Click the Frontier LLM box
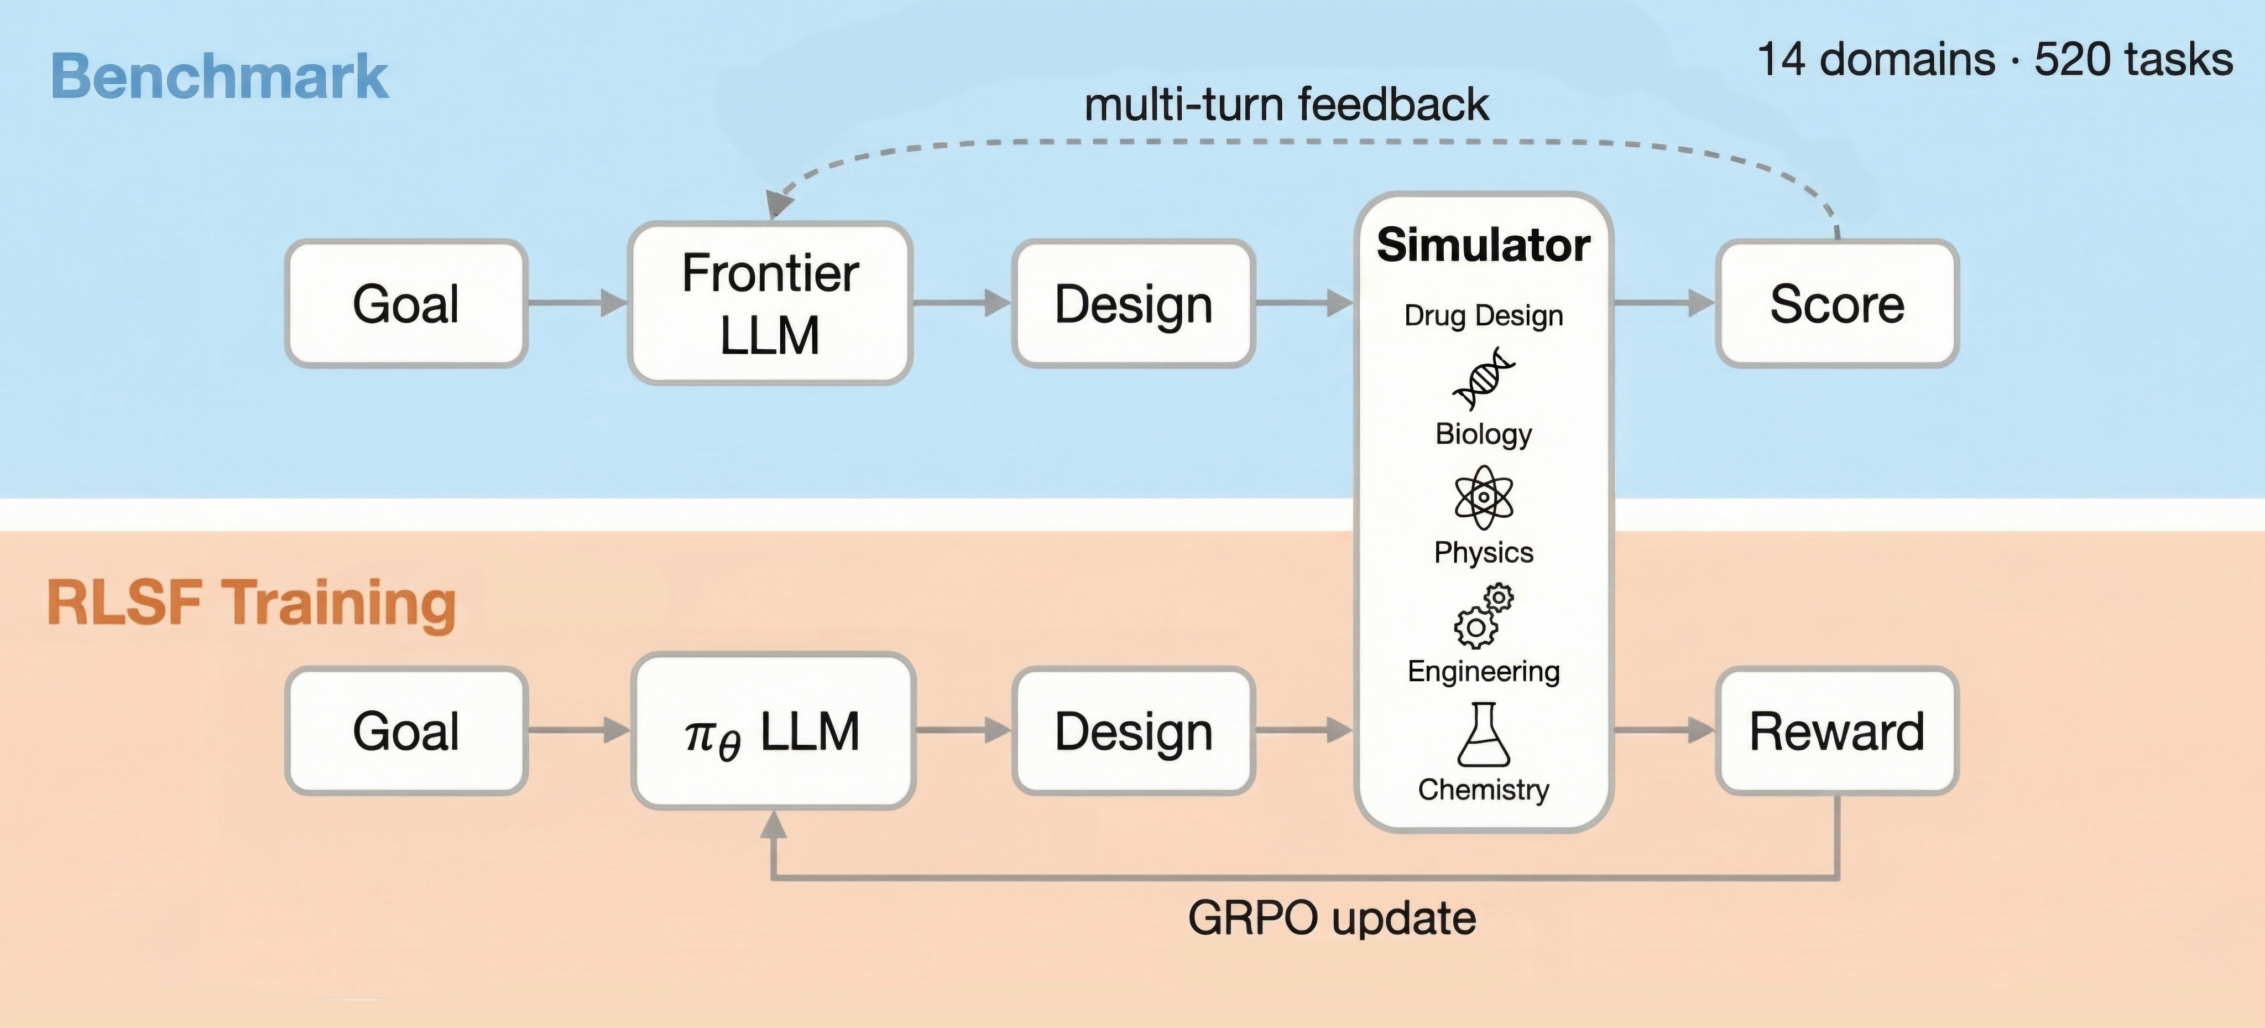(x=770, y=303)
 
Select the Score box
(x=1837, y=303)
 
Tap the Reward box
(x=1837, y=731)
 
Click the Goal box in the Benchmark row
(x=405, y=303)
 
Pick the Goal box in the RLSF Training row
(x=405, y=731)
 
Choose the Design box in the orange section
(x=1134, y=731)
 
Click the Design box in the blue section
(x=1134, y=303)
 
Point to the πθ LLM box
(x=772, y=731)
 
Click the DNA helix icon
(x=1483, y=378)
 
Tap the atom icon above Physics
(x=1483, y=497)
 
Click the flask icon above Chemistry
(x=1483, y=735)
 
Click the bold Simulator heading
(x=1483, y=245)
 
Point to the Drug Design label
(x=1483, y=315)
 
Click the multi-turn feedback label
(x=1286, y=104)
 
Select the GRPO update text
(x=1331, y=918)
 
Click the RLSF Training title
(x=252, y=603)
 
